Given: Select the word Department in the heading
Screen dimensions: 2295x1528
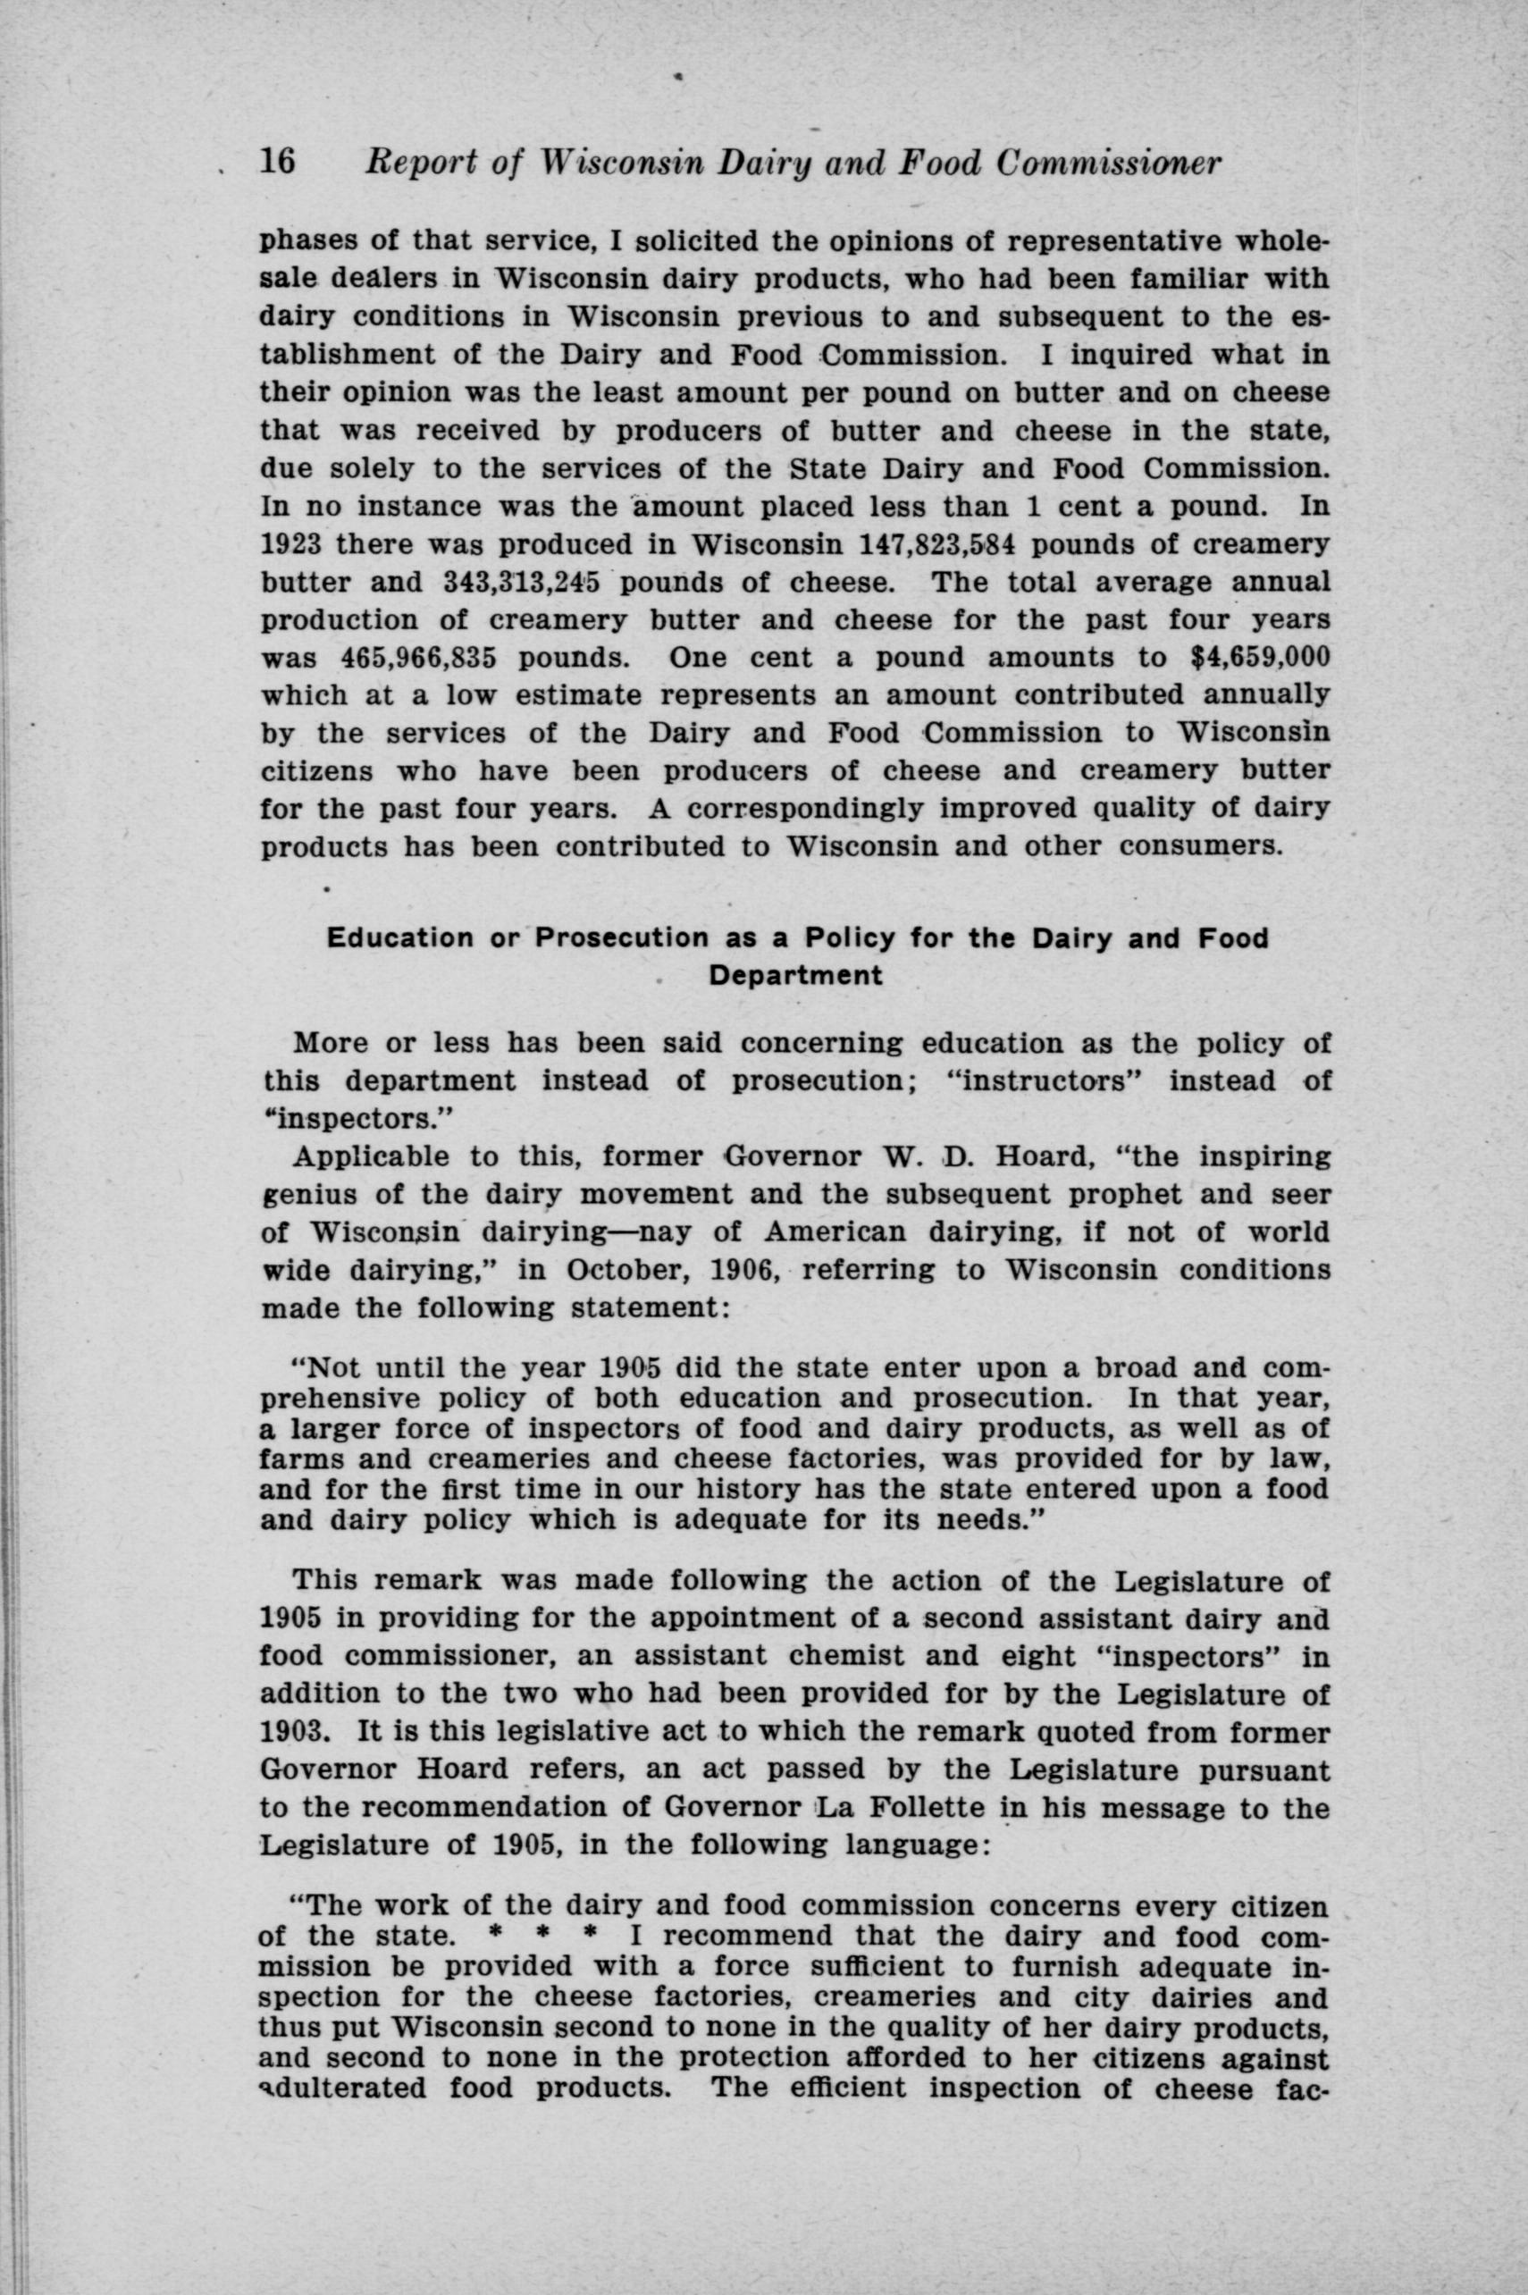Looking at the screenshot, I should pyautogui.click(x=795, y=976).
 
